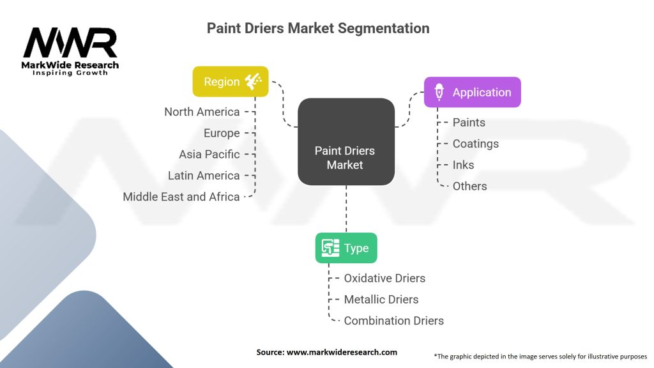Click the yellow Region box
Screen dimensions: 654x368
(230, 81)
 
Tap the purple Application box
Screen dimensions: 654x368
(472, 92)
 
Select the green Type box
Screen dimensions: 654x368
(346, 248)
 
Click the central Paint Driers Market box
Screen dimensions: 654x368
(346, 142)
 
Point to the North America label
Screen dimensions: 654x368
(202, 112)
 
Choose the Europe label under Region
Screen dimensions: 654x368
(222, 133)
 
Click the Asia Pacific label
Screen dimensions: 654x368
(209, 155)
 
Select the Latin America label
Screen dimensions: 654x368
(204, 176)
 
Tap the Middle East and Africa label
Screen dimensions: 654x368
(181, 197)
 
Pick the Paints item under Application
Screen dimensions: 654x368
(469, 122)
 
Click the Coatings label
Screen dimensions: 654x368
(475, 144)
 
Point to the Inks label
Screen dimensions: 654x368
(464, 165)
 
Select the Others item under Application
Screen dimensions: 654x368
(469, 186)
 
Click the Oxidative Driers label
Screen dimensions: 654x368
(384, 279)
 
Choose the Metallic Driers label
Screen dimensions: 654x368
(381, 300)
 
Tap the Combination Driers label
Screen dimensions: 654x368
(393, 321)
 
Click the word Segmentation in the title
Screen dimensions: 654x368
(384, 28)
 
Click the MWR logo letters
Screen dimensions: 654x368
(70, 43)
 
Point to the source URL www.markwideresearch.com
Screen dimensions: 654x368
(342, 352)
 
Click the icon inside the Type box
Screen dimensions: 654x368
(330, 248)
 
